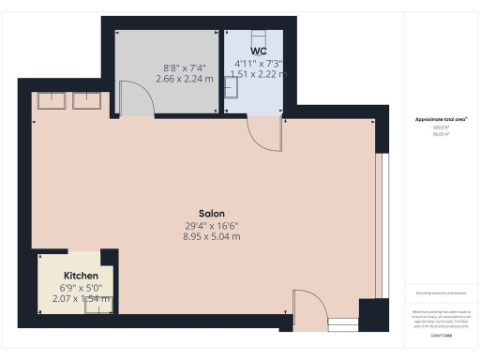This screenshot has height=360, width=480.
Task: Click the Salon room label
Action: click(211, 213)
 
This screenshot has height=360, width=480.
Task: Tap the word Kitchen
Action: click(81, 276)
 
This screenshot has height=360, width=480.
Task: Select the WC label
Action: click(259, 50)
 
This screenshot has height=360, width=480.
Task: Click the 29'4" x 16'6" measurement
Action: click(212, 225)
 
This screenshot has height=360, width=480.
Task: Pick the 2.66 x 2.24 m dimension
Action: click(184, 80)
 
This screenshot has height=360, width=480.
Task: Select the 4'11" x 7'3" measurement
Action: click(259, 64)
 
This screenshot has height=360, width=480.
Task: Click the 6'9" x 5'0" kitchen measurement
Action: click(82, 287)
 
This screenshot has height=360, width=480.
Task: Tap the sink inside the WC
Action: click(233, 85)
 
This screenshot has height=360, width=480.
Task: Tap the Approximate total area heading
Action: click(440, 120)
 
